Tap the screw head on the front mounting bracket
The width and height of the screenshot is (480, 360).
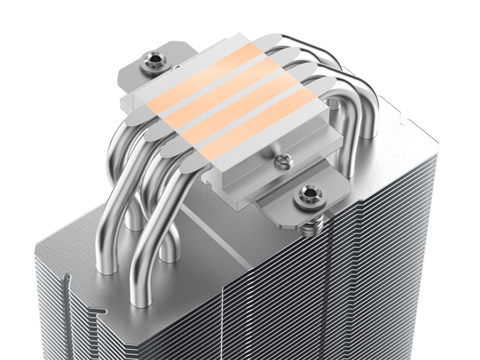click(310, 193)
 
